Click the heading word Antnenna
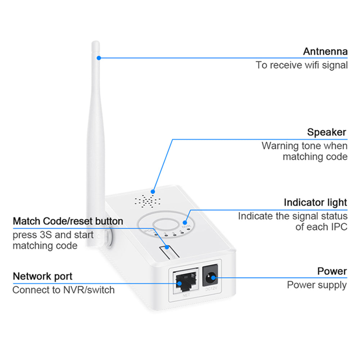coord(325,51)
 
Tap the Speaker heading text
coord(327,132)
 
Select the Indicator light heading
coord(315,202)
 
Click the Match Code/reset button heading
coord(68,221)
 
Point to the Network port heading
coord(42,276)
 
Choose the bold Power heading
coord(332,271)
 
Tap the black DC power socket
coord(211,278)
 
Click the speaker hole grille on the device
coord(148,201)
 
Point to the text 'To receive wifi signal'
coord(302,65)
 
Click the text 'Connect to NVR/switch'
coord(63,290)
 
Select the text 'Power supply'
coord(317,285)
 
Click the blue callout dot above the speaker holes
coord(153,192)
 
